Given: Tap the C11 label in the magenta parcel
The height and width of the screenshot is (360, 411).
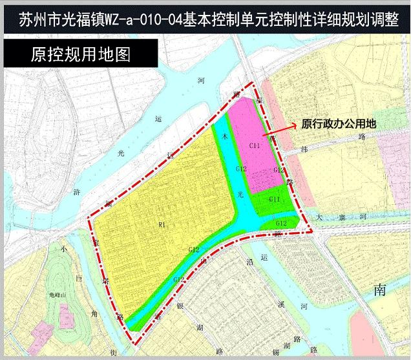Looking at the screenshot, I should click(255, 146).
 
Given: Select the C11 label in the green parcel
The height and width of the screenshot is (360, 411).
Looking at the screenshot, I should click(274, 200).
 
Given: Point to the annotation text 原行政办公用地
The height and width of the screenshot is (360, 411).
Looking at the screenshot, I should click(339, 125).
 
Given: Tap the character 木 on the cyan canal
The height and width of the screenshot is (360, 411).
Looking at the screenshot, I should click(224, 137).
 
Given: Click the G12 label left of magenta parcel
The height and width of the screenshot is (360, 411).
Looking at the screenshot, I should click(241, 169).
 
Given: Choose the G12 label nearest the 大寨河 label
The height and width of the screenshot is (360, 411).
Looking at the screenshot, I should click(280, 223).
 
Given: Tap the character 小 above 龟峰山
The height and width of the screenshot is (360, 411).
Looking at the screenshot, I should click(65, 248).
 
